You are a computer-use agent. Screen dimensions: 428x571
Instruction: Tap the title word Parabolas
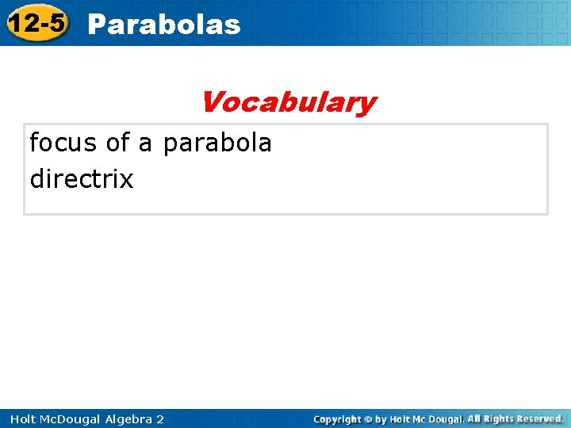coord(164,25)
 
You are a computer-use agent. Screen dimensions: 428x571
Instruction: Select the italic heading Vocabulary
coord(288,102)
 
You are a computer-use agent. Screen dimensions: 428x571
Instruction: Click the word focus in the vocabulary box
coord(63,143)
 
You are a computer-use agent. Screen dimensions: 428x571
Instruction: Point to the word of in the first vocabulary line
coord(117,143)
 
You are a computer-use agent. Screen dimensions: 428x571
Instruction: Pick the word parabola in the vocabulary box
coord(217,143)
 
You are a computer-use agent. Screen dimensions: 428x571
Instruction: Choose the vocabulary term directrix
coord(82,179)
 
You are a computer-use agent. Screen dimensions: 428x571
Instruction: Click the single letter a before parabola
coord(145,144)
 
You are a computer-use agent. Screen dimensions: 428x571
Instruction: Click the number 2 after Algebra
coord(160,418)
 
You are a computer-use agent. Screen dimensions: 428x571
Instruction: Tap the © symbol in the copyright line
coord(370,418)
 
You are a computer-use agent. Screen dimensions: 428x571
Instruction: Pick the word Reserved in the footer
coord(539,418)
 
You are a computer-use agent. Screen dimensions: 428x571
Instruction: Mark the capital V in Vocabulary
coord(211,102)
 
